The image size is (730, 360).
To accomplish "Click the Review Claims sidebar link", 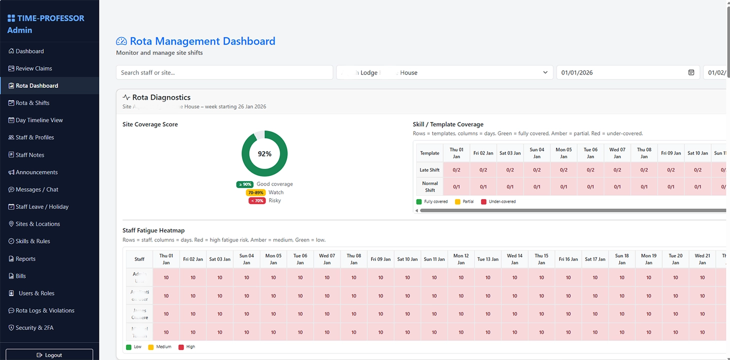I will [x=33, y=68].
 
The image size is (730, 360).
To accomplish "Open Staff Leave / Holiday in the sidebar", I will [x=41, y=206].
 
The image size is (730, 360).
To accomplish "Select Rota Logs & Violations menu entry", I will [x=44, y=310].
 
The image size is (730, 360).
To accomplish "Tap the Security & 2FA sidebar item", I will [x=34, y=328].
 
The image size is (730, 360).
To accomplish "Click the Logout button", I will [x=49, y=355].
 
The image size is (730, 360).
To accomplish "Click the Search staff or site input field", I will [x=224, y=72].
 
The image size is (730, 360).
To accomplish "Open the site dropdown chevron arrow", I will [x=545, y=72].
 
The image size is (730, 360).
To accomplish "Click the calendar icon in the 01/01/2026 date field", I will [x=691, y=72].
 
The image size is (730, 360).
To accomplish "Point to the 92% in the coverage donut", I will [x=264, y=154].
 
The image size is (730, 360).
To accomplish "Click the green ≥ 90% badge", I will [x=244, y=184].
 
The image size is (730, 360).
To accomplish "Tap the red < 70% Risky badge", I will [x=256, y=200].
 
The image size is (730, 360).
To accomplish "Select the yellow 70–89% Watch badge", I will [x=255, y=192].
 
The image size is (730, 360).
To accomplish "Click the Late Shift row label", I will [x=429, y=170].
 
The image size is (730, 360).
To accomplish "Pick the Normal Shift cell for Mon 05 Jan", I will [x=563, y=187].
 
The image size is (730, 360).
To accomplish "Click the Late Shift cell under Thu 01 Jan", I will [x=456, y=170].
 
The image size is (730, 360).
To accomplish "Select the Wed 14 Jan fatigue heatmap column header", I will [x=514, y=259].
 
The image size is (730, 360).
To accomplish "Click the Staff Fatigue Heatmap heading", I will [x=153, y=230].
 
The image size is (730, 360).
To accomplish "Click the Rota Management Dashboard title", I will [x=202, y=41].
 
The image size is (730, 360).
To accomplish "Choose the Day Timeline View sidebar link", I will [x=39, y=120].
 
